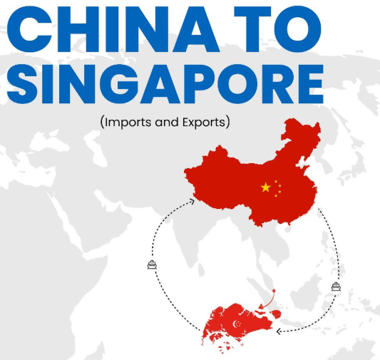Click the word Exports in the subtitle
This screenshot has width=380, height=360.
point(203,122)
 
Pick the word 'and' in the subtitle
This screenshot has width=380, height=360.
point(165,122)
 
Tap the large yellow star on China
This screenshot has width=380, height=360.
point(266,187)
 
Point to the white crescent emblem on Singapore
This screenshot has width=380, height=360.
point(236,324)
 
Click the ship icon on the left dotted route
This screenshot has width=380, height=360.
point(151,265)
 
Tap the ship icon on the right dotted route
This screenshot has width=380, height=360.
point(336,287)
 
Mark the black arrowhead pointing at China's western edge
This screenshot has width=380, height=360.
point(192,202)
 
